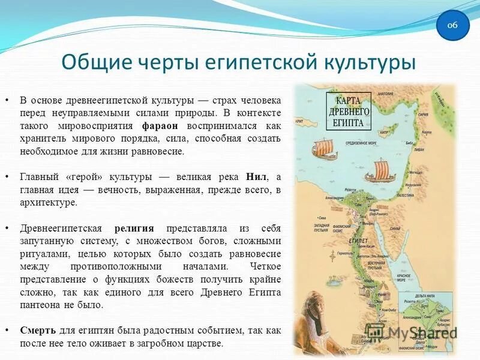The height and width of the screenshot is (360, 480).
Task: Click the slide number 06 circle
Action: (x=452, y=25)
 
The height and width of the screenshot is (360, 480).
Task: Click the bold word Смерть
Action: (x=38, y=331)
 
